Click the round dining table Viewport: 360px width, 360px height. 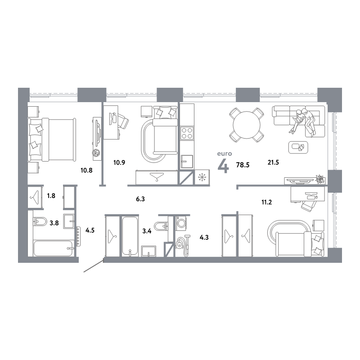[x=246, y=125]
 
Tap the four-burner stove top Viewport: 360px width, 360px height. [x=187, y=133]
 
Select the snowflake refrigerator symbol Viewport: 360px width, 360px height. [x=202, y=177]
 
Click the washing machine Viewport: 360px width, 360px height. [x=181, y=223]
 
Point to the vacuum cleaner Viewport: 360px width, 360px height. [x=183, y=245]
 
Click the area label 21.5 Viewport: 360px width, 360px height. [x=273, y=162]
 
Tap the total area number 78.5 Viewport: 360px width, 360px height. [x=243, y=165]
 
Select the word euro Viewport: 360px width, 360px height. [x=225, y=153]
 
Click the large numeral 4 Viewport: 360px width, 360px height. [x=223, y=166]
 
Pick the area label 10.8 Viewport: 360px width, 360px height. [x=86, y=171]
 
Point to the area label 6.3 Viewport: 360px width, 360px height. [x=140, y=199]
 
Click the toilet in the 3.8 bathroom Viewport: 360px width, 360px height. [x=40, y=221]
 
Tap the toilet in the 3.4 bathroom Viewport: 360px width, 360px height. [x=161, y=226]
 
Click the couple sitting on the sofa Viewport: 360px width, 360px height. [x=303, y=121]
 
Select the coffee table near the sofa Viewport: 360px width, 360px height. [x=298, y=148]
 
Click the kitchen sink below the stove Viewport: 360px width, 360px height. [x=187, y=162]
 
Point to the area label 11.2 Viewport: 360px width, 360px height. [x=266, y=202]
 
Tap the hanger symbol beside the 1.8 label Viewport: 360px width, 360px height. [x=35, y=198]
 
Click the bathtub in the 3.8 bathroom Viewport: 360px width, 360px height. [x=54, y=248]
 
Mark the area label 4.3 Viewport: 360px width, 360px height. [x=204, y=238]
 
